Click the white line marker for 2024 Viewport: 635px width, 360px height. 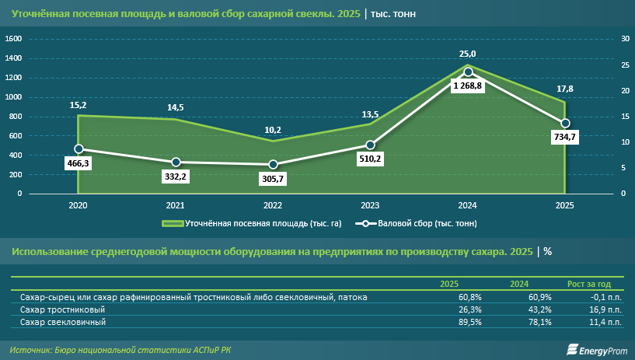(468, 72)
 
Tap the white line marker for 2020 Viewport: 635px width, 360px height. (79, 149)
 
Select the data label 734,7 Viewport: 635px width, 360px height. (564, 137)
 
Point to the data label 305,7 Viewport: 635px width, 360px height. (273, 179)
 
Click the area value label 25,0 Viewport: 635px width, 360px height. (467, 54)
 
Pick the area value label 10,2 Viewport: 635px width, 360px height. (273, 130)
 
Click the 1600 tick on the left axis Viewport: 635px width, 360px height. (13, 39)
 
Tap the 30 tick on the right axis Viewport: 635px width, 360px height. (625, 39)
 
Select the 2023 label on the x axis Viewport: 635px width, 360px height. (370, 205)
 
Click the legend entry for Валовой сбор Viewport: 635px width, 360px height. (416, 223)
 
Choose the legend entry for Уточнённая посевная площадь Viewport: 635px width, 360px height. (252, 223)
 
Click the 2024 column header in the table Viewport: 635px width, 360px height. (519, 284)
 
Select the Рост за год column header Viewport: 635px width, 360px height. (589, 284)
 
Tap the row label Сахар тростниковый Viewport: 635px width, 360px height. (62, 309)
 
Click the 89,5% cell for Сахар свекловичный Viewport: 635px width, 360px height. (469, 323)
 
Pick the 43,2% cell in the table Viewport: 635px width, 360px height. (540, 309)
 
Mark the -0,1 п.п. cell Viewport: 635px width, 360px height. (605, 297)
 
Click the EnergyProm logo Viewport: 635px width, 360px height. (597, 350)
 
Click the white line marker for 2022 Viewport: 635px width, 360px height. (273, 164)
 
